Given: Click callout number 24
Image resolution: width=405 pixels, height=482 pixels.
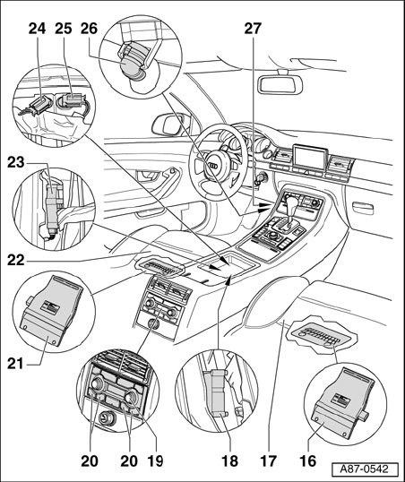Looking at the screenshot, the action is pos(38,29).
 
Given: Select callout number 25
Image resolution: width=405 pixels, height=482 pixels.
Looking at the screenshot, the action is pos(64,29).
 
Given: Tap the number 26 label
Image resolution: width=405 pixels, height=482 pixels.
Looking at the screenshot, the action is pos(90,29).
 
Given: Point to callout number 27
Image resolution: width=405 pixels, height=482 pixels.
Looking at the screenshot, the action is pos(253,29).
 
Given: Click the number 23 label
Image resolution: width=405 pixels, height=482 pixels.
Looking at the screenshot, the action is pos(16,162).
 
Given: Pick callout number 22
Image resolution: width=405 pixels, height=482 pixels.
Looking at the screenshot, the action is pos(16,261).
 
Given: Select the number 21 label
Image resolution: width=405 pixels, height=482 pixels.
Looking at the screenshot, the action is pos(15,364).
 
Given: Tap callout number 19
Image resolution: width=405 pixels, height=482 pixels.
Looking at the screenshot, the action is pos(155,460).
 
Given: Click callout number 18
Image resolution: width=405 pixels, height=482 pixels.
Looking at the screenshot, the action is pos(229,460).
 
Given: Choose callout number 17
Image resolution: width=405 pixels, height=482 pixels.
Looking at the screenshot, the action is pos(269,460).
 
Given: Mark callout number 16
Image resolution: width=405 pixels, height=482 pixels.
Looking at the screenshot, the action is pos(307,460).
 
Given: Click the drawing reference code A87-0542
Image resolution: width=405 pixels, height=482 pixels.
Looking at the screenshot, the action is pos(364,469).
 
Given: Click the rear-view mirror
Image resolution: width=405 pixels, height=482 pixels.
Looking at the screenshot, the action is pos(280,83).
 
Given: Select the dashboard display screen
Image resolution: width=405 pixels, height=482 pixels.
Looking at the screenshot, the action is pos(310,157).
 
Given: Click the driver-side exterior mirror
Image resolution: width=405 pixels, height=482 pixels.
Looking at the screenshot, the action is pos(171,125).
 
